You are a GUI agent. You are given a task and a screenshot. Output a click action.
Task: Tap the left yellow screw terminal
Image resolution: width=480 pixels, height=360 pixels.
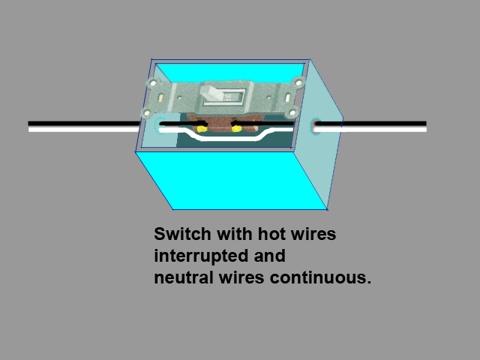(x=201, y=129)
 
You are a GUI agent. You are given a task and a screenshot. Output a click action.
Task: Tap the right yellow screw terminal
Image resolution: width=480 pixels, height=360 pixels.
(x=236, y=129)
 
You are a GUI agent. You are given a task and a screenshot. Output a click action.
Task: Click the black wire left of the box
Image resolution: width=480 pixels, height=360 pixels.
(x=82, y=123)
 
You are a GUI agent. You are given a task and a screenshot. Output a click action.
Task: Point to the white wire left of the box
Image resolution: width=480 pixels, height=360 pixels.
(x=82, y=129)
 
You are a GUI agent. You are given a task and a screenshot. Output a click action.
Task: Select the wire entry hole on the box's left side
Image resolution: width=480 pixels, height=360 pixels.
(x=160, y=126)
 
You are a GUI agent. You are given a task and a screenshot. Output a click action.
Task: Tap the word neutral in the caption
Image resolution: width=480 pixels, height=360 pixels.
(x=181, y=277)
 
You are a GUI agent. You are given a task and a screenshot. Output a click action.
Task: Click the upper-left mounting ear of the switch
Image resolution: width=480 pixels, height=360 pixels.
(x=155, y=84)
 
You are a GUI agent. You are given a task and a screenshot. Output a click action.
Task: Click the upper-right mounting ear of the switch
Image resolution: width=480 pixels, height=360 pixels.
(x=298, y=83)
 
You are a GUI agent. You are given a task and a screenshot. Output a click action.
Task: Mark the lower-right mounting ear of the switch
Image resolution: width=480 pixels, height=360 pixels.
(x=293, y=112)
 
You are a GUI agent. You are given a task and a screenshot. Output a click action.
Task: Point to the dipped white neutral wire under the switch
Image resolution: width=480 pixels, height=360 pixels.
(x=218, y=139)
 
